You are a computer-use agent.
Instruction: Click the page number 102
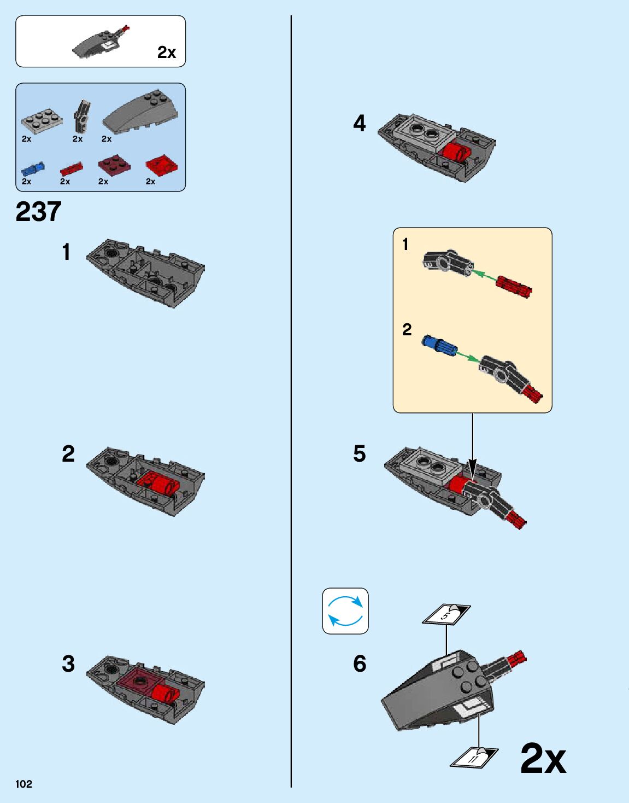pos(23,784)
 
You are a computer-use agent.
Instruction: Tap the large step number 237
pos(38,212)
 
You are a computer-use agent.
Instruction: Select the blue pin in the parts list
pos(33,169)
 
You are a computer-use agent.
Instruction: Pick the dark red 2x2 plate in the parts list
pos(114,165)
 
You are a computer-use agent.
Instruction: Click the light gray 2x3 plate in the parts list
pos(42,120)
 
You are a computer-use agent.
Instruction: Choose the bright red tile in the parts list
pos(162,166)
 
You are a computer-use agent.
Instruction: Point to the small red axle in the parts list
pos(71,169)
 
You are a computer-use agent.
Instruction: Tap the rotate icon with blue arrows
pos(345,611)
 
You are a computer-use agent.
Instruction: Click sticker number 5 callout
pos(446,614)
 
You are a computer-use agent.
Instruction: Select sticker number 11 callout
pos(474,757)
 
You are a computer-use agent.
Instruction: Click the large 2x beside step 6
pos(543,759)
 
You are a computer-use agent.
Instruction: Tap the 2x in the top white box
pos(167,53)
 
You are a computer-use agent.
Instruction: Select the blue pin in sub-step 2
pos(439,344)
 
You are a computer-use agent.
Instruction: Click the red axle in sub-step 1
pos(514,287)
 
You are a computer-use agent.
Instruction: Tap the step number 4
pos(359,124)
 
